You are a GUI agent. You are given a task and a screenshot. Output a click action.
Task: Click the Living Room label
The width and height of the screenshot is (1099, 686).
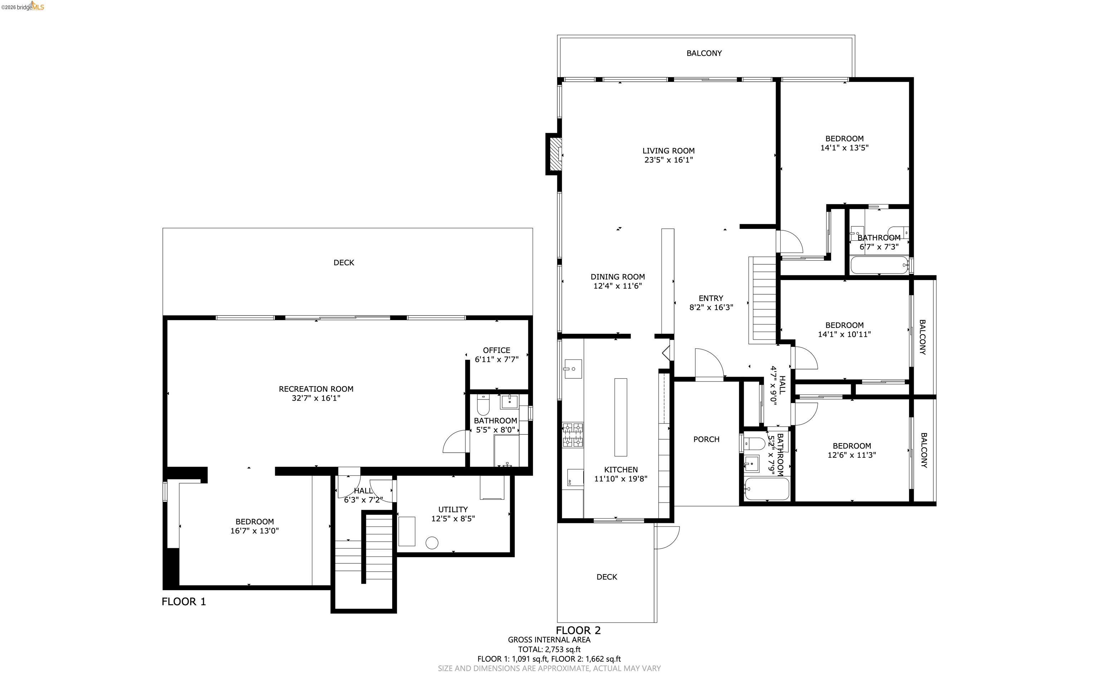[668, 151]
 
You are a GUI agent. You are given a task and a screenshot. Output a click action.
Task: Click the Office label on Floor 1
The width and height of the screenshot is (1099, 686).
[497, 350]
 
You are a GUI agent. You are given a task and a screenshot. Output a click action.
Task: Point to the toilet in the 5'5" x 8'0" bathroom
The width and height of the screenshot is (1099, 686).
[483, 405]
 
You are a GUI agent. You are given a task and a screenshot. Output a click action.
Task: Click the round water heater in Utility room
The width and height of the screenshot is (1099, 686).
[432, 543]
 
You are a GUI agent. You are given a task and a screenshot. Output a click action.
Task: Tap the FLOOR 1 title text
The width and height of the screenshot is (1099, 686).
[184, 602]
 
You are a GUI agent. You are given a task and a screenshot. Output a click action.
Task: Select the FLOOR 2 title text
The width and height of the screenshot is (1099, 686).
[578, 630]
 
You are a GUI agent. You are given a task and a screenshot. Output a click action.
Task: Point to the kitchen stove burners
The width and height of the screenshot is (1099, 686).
[573, 435]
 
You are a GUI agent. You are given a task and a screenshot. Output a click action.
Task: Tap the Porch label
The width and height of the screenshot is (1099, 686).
[706, 439]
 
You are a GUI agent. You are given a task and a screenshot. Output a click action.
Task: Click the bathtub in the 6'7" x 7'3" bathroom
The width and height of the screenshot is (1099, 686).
[879, 265]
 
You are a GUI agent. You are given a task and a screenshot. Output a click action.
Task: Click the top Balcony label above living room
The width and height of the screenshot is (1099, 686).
[704, 53]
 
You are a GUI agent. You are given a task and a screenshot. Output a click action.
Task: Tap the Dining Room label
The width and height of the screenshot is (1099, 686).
[617, 277]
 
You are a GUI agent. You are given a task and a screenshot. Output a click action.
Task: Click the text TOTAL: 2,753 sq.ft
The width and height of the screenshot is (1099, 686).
[549, 649]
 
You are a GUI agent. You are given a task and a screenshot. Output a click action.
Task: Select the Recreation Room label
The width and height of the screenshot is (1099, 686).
[316, 389]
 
